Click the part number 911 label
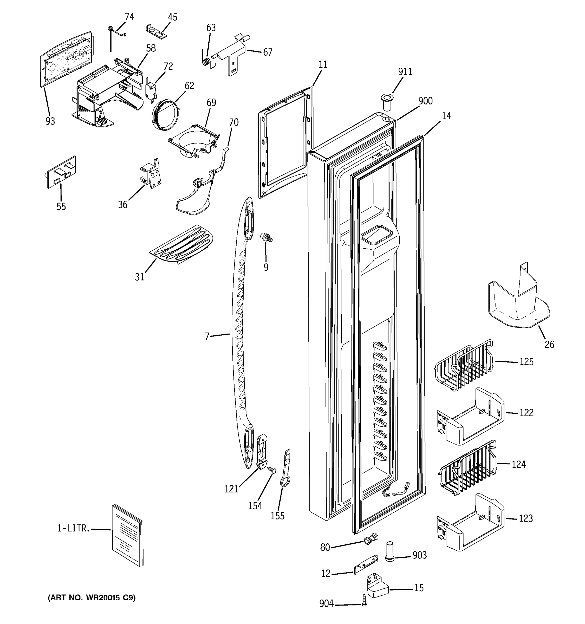pos(405,72)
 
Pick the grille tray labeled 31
pos(181,244)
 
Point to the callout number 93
pos(50,121)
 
